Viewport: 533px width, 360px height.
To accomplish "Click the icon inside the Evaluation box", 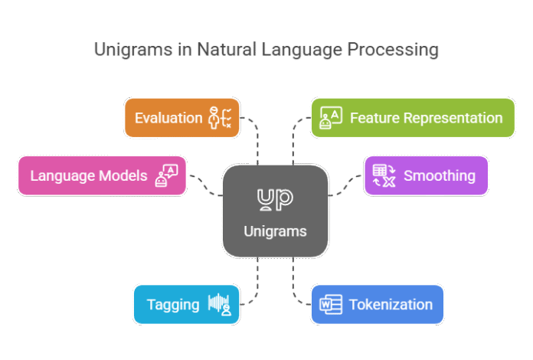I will [x=221, y=118].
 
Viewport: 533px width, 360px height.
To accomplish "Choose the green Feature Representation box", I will [x=412, y=118].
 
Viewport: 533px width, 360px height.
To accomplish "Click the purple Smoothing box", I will [x=426, y=175].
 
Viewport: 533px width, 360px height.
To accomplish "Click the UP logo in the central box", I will [x=275, y=199].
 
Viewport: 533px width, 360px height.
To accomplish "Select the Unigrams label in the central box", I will [x=275, y=231].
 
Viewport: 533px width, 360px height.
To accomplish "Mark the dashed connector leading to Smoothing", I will [x=345, y=184].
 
